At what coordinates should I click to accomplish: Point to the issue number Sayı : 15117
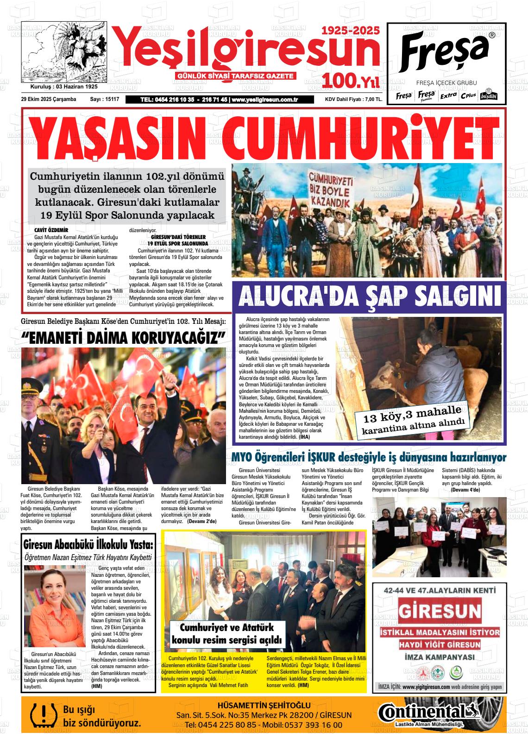(105, 99)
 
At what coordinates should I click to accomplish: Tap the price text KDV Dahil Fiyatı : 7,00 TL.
(353, 99)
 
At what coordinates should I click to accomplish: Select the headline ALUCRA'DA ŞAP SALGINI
(370, 297)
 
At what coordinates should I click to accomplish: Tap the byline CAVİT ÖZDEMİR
(51, 230)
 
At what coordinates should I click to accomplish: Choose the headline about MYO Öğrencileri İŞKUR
(369, 457)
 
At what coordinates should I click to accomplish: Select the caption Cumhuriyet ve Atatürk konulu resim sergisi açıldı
(226, 634)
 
